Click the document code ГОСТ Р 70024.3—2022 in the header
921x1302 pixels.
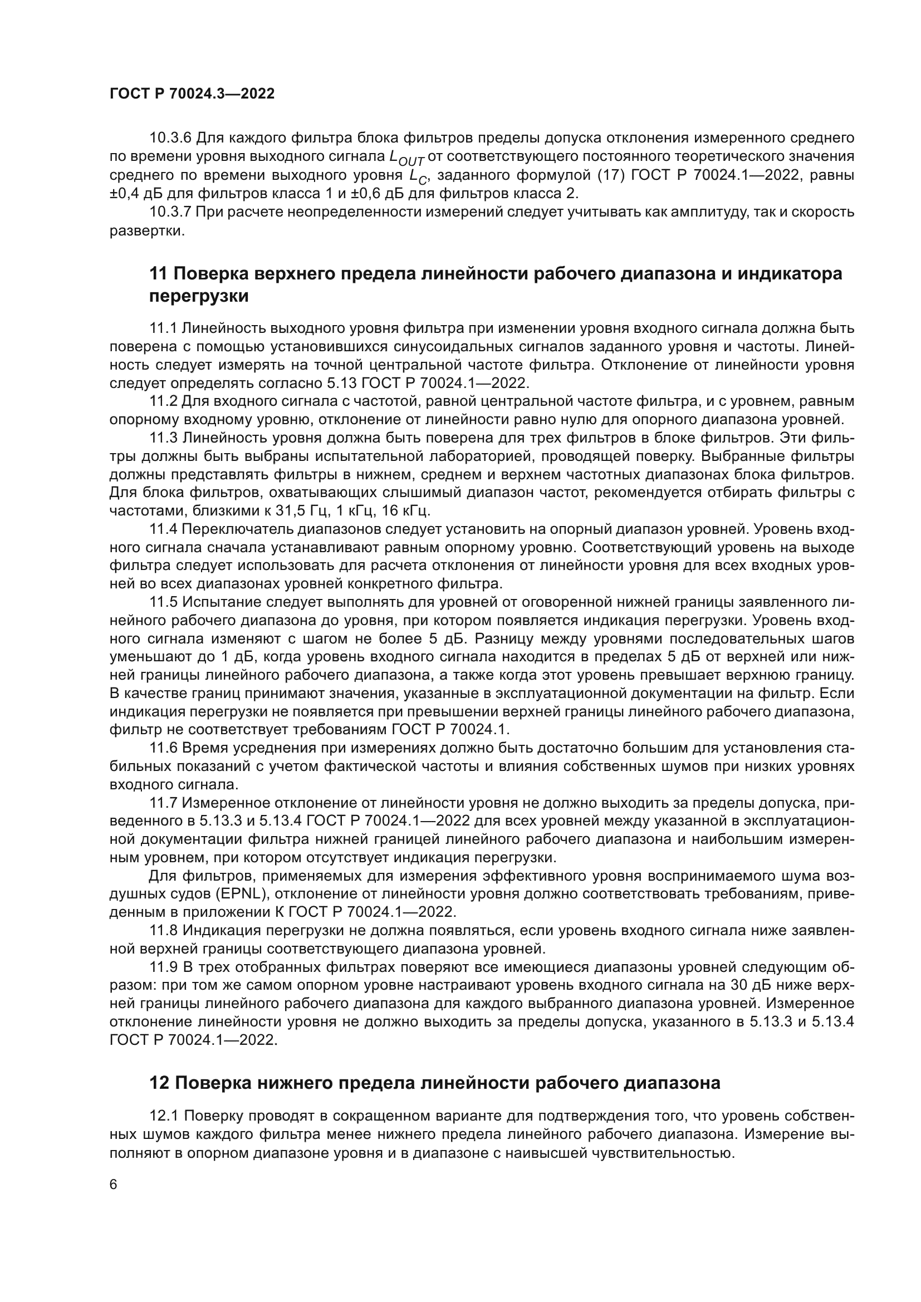(x=192, y=94)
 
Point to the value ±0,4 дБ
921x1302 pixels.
(x=135, y=193)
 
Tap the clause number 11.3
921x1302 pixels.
(x=163, y=438)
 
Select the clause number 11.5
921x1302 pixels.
(x=163, y=602)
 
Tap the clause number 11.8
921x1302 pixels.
(x=163, y=931)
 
